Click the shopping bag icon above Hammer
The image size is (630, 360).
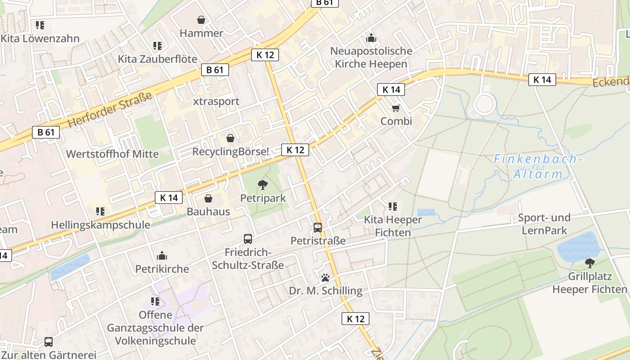201,20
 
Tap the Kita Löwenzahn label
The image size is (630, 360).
40,39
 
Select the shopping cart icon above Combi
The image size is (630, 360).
396,108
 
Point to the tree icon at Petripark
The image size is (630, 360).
262,184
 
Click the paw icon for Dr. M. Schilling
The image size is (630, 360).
325,277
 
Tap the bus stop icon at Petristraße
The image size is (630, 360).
318,227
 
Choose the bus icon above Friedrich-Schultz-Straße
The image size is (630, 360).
248,238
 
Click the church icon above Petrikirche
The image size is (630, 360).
162,256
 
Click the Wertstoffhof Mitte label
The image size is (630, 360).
112,154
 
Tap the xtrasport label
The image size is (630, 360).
216,101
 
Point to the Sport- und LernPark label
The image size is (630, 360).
544,224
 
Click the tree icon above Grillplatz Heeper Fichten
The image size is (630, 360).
589,263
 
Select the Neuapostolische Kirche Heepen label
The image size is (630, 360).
371,57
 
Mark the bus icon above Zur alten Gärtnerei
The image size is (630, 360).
49,342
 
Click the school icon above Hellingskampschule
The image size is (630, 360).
100,211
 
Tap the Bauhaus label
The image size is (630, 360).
208,211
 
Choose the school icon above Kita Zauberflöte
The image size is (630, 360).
157,45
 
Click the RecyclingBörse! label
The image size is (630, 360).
230,152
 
